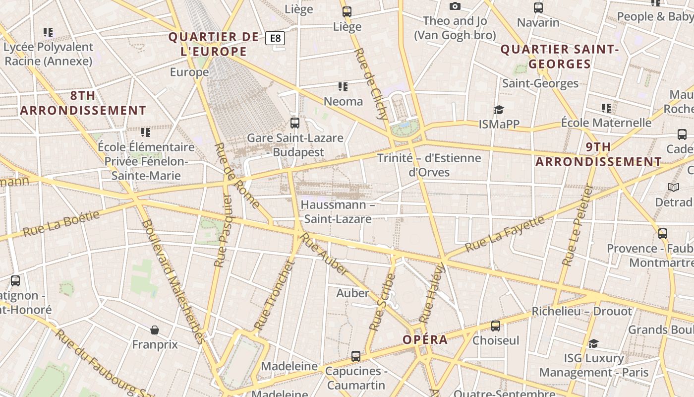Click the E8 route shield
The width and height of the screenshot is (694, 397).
point(275,38)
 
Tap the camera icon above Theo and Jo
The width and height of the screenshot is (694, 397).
point(455,6)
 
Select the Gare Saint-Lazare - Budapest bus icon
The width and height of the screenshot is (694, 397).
point(295,123)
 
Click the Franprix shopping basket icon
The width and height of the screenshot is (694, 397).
point(155,330)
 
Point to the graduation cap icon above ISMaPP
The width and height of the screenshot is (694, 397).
point(499,110)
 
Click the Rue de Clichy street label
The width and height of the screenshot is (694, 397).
point(371,84)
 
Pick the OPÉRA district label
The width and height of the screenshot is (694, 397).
point(425,340)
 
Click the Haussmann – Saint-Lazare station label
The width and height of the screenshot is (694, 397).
point(337,212)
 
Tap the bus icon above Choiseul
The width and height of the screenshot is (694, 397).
point(495,326)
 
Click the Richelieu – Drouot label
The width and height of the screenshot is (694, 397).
point(581,312)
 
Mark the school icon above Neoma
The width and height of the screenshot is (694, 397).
point(343,87)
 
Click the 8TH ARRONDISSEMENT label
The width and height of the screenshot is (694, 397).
point(83,103)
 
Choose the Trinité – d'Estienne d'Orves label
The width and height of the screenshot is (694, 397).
point(429,165)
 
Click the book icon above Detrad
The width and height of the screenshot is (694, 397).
point(673,187)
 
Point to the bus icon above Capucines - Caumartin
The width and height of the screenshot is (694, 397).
point(356,356)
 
